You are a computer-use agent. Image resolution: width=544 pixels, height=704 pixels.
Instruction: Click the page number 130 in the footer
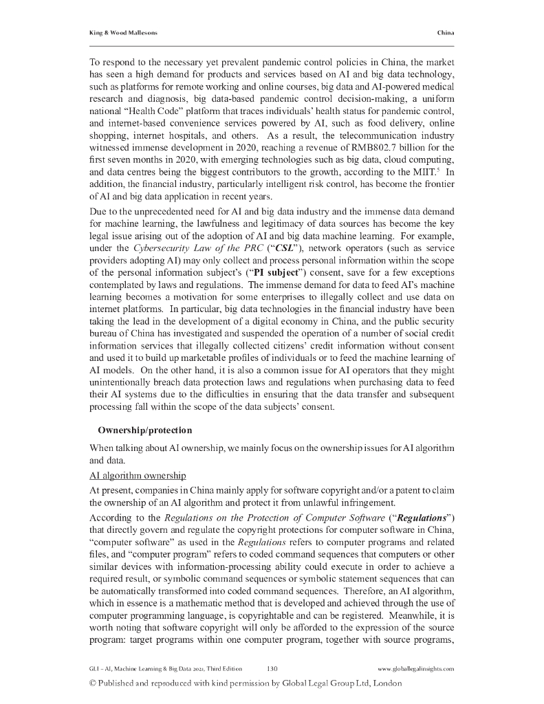[x=272, y=668]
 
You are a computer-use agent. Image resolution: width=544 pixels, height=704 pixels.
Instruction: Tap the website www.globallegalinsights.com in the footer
[x=416, y=668]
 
